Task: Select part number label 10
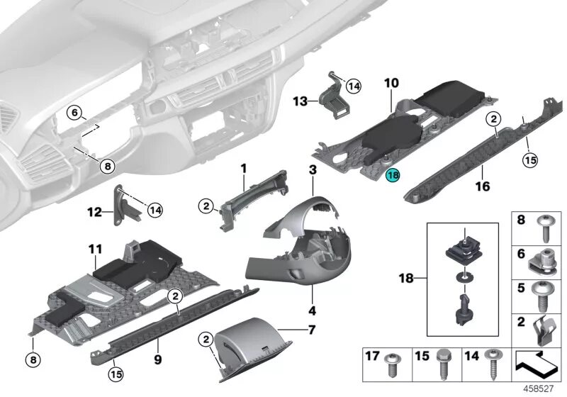pyautogui.click(x=391, y=83)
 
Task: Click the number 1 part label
pyautogui.click(x=242, y=169)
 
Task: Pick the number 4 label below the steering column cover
pyautogui.click(x=312, y=311)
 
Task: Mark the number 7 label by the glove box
pyautogui.click(x=310, y=330)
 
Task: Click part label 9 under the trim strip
pyautogui.click(x=157, y=341)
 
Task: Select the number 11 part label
pyautogui.click(x=96, y=250)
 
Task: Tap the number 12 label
pyautogui.click(x=94, y=211)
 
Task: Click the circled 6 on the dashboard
pyautogui.click(x=75, y=112)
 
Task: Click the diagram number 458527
pyautogui.click(x=539, y=388)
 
